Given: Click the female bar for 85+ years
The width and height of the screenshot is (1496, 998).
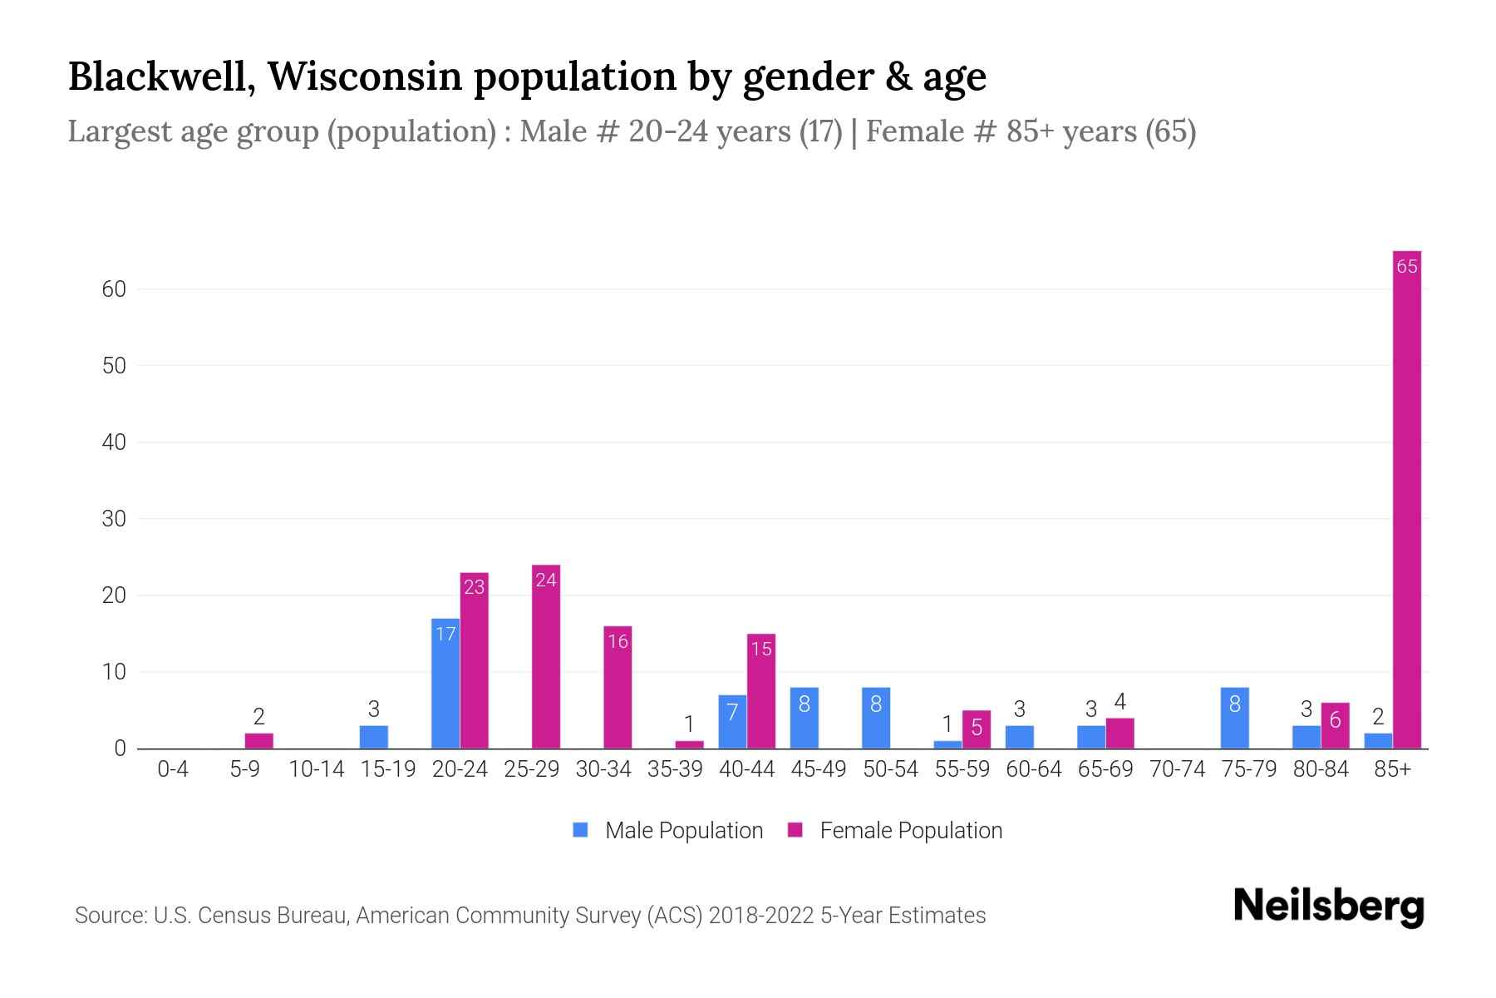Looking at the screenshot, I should pos(1406,499).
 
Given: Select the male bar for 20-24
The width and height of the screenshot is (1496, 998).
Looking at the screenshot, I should pos(445,684).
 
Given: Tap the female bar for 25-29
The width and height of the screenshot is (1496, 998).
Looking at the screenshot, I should pos(546,657).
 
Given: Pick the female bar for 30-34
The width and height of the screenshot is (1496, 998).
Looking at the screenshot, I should pos(618,688).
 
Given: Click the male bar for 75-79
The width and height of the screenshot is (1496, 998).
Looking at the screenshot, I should pos(1234,719).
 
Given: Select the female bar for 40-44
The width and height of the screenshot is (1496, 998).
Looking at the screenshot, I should pos(761,692).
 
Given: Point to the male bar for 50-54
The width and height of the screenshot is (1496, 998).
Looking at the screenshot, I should pos(876,719).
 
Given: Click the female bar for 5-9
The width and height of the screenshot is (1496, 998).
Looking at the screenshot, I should pos(258,741).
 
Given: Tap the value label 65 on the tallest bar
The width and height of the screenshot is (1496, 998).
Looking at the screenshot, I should pos(1406,267).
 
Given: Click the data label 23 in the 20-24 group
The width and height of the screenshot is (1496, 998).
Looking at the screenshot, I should pos(474,587).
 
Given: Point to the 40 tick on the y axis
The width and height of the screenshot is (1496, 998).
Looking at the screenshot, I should pos(114,442).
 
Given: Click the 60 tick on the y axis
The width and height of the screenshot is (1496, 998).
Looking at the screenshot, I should pos(114,289).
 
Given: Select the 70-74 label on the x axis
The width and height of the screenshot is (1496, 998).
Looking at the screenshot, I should pos(1177,770).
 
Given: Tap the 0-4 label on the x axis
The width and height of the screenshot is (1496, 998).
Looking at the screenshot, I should pos(173,770).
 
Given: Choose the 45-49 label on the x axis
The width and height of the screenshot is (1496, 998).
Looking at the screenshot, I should pos(818,770).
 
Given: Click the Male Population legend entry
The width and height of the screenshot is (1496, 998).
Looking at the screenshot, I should pos(668,830).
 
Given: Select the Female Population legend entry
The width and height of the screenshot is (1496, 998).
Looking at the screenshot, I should pos(895,830).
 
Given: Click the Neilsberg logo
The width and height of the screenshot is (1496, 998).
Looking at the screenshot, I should pos(1328,907).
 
